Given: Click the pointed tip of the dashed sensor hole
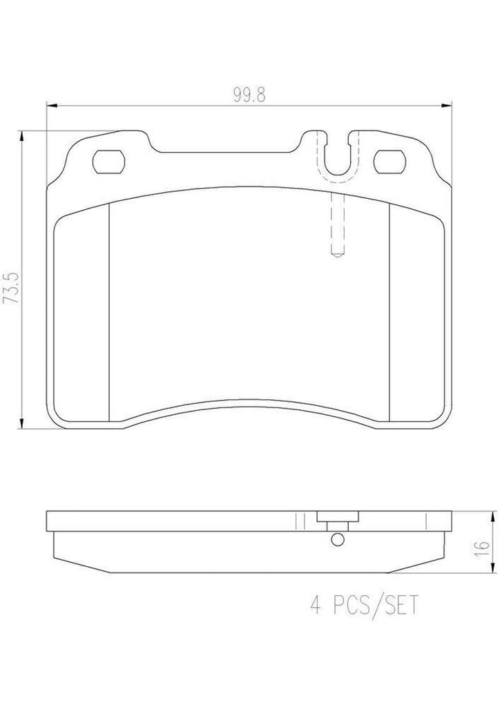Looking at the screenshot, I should pyautogui.click(x=337, y=255).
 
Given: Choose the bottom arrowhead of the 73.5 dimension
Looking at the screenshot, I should pyautogui.click(x=24, y=427).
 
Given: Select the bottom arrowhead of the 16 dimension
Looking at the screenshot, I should pyautogui.click(x=493, y=572).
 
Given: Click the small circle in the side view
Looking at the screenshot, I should pyautogui.click(x=336, y=539).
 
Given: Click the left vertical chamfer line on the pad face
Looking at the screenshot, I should pyautogui.click(x=110, y=311).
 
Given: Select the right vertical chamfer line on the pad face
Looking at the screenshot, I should pyautogui.click(x=390, y=311).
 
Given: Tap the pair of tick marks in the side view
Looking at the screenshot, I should pyautogui.click(x=299, y=520).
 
